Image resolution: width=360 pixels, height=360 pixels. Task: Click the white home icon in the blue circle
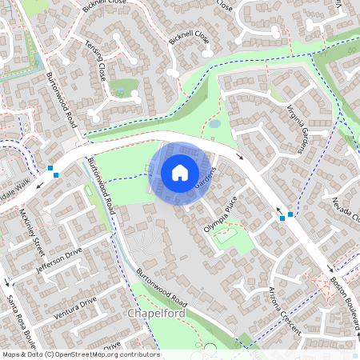179,172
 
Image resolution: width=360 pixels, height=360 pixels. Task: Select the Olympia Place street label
220,216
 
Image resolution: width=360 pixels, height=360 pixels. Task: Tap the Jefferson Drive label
60,262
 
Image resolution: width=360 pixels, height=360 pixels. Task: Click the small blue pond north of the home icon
214,124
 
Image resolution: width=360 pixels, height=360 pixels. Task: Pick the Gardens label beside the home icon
207,182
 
